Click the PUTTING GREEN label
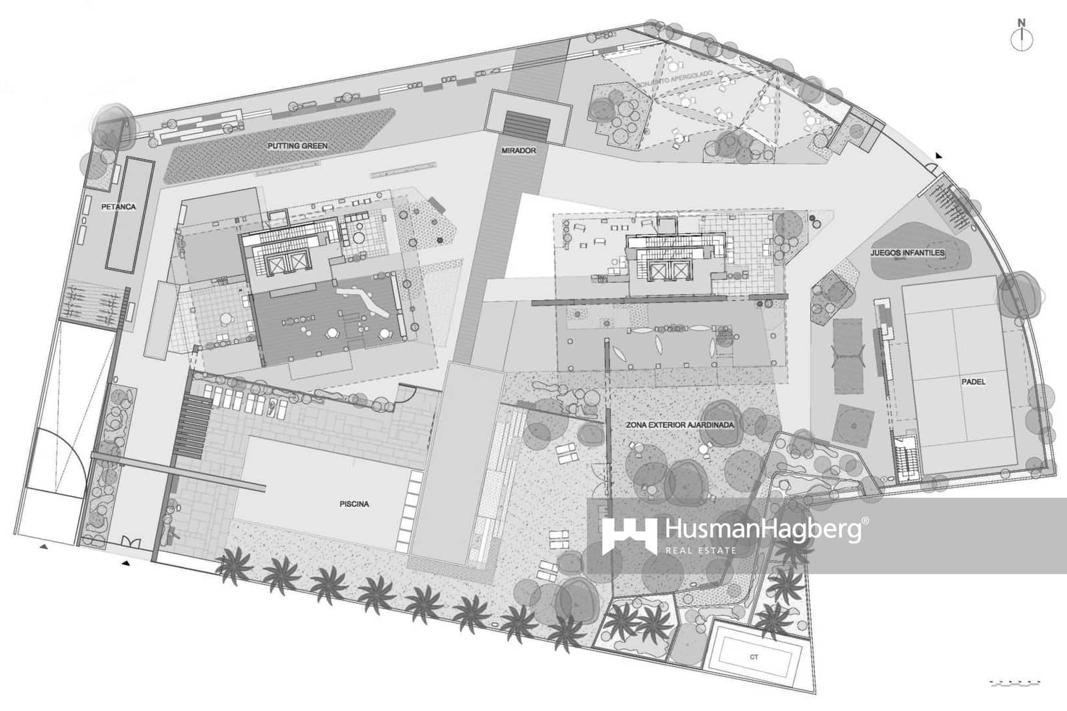pyautogui.click(x=297, y=145)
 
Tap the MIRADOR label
pyautogui.click(x=518, y=151)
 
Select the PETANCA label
pyautogui.click(x=118, y=207)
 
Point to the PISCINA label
pyautogui.click(x=354, y=504)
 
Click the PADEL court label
pyautogui.click(x=973, y=382)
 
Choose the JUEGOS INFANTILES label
pyautogui.click(x=907, y=253)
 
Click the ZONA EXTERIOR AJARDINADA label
pyautogui.click(x=680, y=425)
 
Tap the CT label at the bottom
pyautogui.click(x=754, y=657)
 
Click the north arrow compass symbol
pyautogui.click(x=1021, y=40)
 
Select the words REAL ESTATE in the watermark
pyautogui.click(x=700, y=551)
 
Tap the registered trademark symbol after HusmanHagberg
pyautogui.click(x=865, y=520)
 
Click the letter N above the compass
pyautogui.click(x=1021, y=23)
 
